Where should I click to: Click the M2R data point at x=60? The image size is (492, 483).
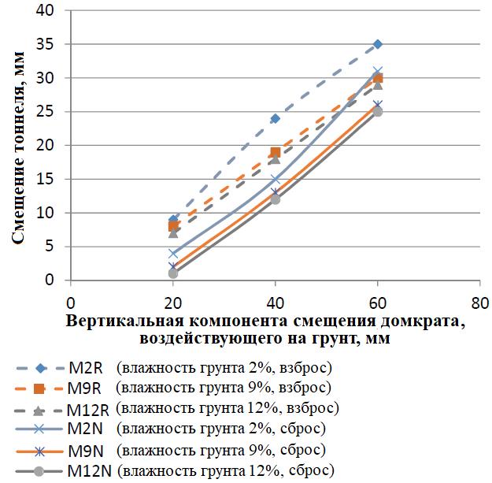pos(378,44)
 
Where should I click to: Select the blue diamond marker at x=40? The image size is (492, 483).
pos(276,118)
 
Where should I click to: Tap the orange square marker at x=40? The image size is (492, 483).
pos(276,152)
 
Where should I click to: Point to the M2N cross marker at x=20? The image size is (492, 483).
pos(173,253)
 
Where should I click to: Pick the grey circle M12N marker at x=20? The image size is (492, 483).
pos(173,273)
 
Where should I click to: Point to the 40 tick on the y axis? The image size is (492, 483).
pos(49,11)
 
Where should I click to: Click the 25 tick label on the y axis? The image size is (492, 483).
pos(49,112)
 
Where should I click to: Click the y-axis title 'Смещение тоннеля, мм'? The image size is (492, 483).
pos(17,146)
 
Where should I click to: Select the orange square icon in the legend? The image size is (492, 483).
pos(39,388)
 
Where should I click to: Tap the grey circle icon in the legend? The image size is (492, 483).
pos(39,471)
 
